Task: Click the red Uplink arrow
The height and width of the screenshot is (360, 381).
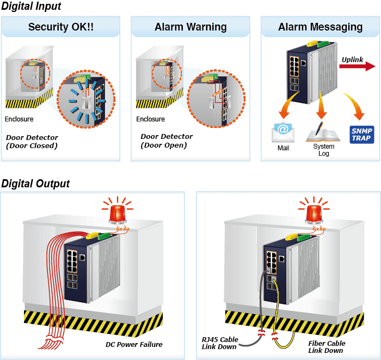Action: pos(357,66)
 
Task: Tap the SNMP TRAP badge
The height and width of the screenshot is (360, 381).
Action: pos(361,135)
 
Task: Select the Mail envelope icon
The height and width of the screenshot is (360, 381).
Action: pos(283,132)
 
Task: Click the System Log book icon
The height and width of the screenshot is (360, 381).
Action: pos(323,132)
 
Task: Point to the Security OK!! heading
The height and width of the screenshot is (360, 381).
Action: pos(61,27)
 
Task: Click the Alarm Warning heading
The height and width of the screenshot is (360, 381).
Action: pos(190,27)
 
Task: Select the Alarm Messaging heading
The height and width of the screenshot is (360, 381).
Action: pos(320,27)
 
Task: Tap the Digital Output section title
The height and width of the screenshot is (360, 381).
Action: pos(35,184)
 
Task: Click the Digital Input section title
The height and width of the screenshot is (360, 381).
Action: pos(31,6)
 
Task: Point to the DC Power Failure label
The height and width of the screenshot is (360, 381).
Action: pos(134,344)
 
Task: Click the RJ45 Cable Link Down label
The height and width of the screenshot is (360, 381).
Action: pos(220,343)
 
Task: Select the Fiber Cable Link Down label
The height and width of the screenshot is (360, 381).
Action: pos(327,347)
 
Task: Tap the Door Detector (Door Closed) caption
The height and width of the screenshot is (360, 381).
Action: pos(32,142)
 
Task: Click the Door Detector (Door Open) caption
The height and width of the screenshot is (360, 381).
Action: pos(167,141)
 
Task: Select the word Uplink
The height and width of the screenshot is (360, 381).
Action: pos(352,59)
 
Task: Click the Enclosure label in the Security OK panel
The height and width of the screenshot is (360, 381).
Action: pos(19,119)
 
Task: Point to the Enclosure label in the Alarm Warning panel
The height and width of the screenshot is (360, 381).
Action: pos(150,119)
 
